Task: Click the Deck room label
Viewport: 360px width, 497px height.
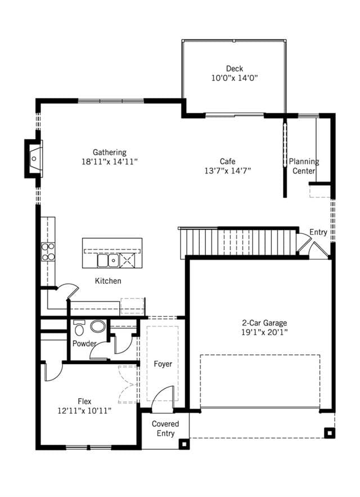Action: pos(235,69)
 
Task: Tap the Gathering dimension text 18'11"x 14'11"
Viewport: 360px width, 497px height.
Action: pos(110,162)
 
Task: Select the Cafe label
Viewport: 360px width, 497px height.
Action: pos(227,161)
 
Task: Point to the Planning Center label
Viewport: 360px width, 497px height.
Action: pos(304,166)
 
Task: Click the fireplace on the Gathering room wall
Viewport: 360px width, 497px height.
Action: pos(34,159)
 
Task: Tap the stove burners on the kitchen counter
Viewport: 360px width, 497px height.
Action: pos(48,252)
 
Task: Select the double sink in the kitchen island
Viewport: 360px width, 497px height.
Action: pos(108,260)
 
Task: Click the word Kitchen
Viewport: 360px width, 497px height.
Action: pos(108,281)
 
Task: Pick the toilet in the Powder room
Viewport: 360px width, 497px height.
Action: pos(79,328)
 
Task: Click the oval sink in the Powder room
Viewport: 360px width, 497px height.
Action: pos(98,327)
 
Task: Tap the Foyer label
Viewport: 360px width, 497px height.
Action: pos(163,364)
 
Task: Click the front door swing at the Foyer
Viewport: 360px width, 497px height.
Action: pos(163,399)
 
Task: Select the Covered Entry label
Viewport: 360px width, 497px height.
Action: pos(165,428)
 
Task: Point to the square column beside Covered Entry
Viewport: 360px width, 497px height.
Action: pos(184,444)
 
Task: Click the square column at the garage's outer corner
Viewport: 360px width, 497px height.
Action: pos(330,433)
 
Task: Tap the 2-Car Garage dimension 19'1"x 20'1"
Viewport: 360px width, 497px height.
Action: pos(264,332)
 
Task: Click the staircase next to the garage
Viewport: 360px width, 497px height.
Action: pos(238,242)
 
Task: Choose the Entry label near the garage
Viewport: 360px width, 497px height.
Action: pos(318,232)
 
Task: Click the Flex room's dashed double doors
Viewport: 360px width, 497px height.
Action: pos(128,384)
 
